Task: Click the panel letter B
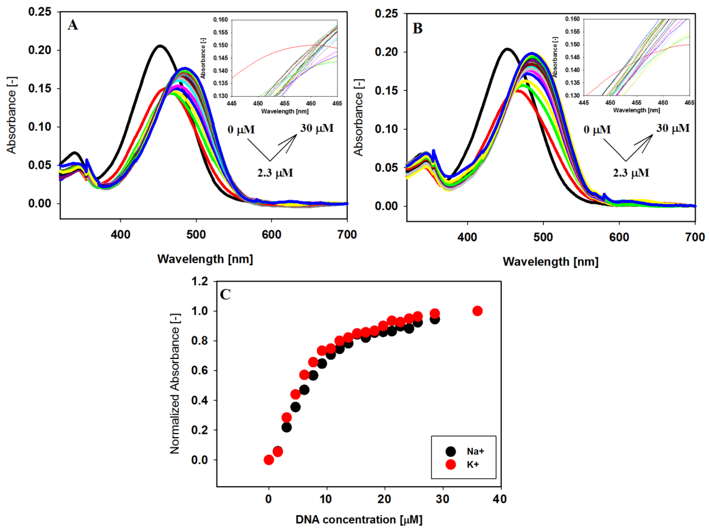[x=417, y=28]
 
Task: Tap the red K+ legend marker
[x=451, y=465]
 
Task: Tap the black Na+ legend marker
[x=451, y=451]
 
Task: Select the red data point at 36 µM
[x=477, y=311]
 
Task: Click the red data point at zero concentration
[x=269, y=460]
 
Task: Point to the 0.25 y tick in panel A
[x=40, y=12]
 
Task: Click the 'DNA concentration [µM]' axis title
[x=358, y=519]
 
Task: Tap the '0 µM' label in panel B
[x=597, y=130]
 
